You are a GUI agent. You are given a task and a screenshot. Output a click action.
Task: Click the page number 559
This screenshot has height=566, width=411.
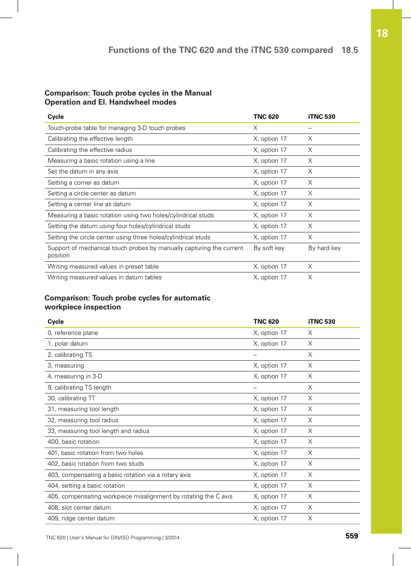pyautogui.click(x=352, y=536)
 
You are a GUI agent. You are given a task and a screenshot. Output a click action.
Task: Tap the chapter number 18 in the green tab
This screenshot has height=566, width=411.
pyautogui.click(x=382, y=34)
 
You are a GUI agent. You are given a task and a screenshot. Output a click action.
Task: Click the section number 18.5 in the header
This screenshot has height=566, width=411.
pyautogui.click(x=349, y=50)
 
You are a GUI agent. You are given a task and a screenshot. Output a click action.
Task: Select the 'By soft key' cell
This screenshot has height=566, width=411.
pyautogui.click(x=269, y=248)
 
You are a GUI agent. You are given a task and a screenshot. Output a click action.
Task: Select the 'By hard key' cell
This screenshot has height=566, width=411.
pyautogui.click(x=324, y=248)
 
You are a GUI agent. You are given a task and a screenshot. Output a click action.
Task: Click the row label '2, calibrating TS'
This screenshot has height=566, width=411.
pyautogui.click(x=70, y=355)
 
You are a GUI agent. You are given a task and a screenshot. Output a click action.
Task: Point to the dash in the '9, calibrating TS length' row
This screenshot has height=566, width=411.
pyautogui.click(x=255, y=387)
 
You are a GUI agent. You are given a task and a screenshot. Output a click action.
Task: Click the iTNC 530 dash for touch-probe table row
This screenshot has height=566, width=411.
pyautogui.click(x=310, y=128)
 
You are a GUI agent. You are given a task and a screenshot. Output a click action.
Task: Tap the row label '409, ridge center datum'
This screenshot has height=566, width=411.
pyautogui.click(x=81, y=518)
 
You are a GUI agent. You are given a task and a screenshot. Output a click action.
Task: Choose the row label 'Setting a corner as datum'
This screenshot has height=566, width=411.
pyautogui.click(x=83, y=182)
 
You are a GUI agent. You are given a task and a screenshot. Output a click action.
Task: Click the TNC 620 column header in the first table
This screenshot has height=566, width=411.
pyautogui.click(x=266, y=117)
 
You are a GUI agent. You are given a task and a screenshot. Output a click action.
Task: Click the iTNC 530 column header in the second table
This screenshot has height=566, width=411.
pyautogui.click(x=321, y=322)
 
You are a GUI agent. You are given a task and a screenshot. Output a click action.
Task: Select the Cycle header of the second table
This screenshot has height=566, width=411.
pyautogui.click(x=56, y=322)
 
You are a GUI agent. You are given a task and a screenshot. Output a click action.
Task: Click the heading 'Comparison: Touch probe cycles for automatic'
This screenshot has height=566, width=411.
pyautogui.click(x=128, y=298)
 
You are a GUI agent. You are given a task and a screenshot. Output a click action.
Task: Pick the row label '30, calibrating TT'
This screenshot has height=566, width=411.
pyautogui.click(x=72, y=398)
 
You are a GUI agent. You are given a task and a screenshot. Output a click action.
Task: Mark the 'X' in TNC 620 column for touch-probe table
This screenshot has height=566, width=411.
pyautogui.click(x=255, y=128)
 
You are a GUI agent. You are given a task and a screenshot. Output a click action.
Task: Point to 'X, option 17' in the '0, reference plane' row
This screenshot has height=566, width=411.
pyautogui.click(x=270, y=333)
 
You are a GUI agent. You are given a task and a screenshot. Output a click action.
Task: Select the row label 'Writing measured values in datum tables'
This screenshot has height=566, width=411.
pyautogui.click(x=105, y=277)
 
